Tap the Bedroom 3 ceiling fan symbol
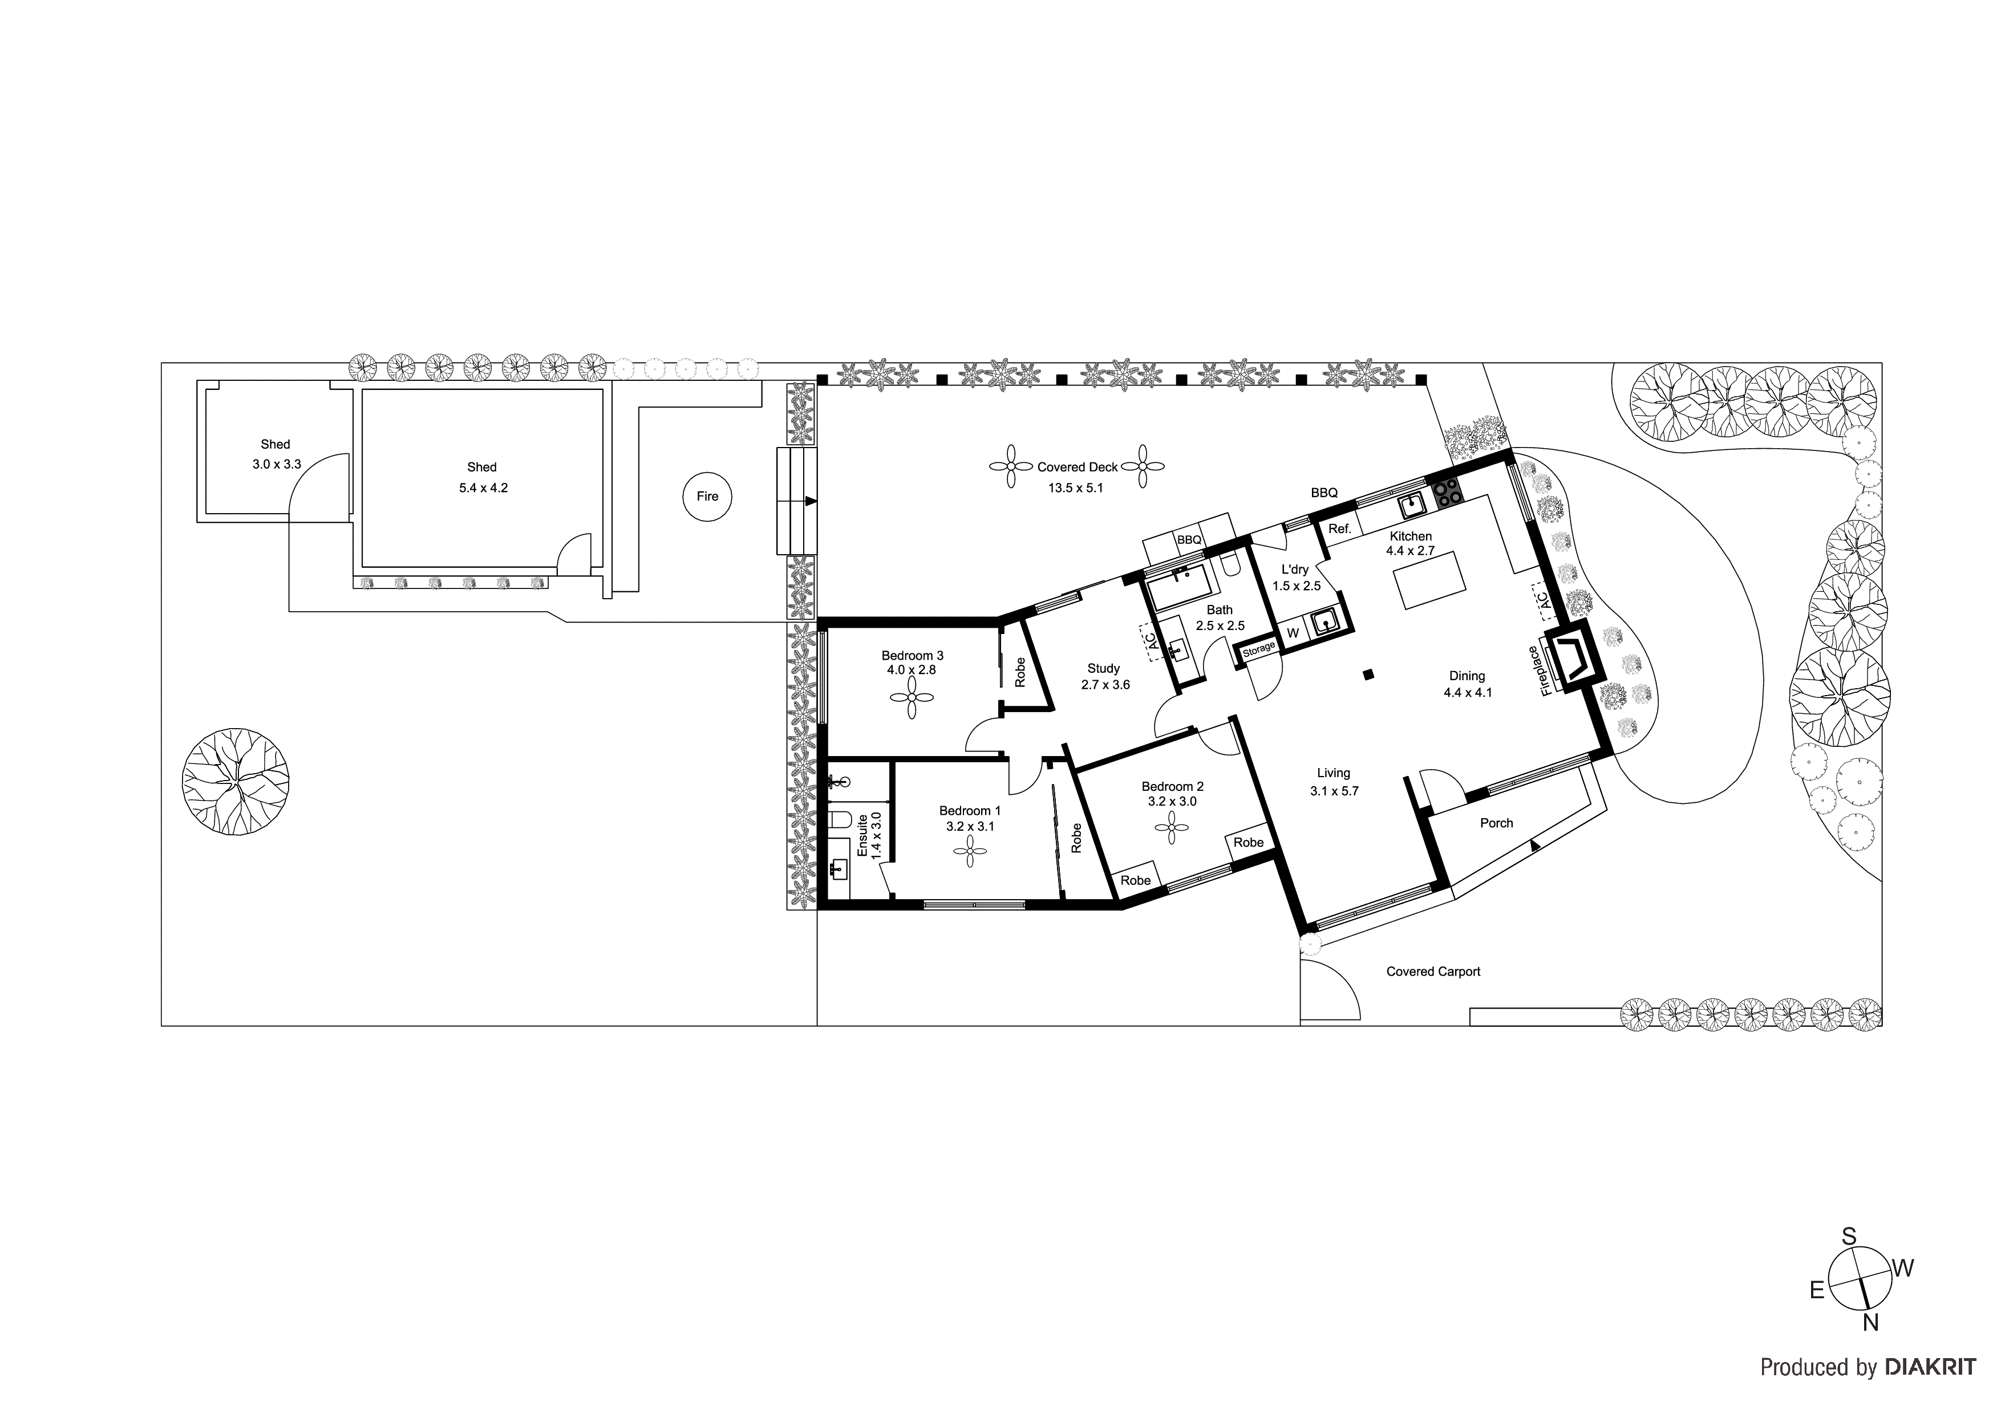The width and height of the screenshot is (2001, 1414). (912, 698)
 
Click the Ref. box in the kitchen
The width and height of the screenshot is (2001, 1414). (1339, 529)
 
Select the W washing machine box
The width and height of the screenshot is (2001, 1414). (1293, 632)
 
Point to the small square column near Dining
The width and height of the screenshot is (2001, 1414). (1369, 673)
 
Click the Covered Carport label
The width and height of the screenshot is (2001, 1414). (1433, 972)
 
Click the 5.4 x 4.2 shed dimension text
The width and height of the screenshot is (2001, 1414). (483, 488)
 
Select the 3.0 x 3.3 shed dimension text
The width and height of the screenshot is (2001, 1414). (276, 464)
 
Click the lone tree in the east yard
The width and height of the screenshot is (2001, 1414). (236, 781)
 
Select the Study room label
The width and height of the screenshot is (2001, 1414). (1103, 668)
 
